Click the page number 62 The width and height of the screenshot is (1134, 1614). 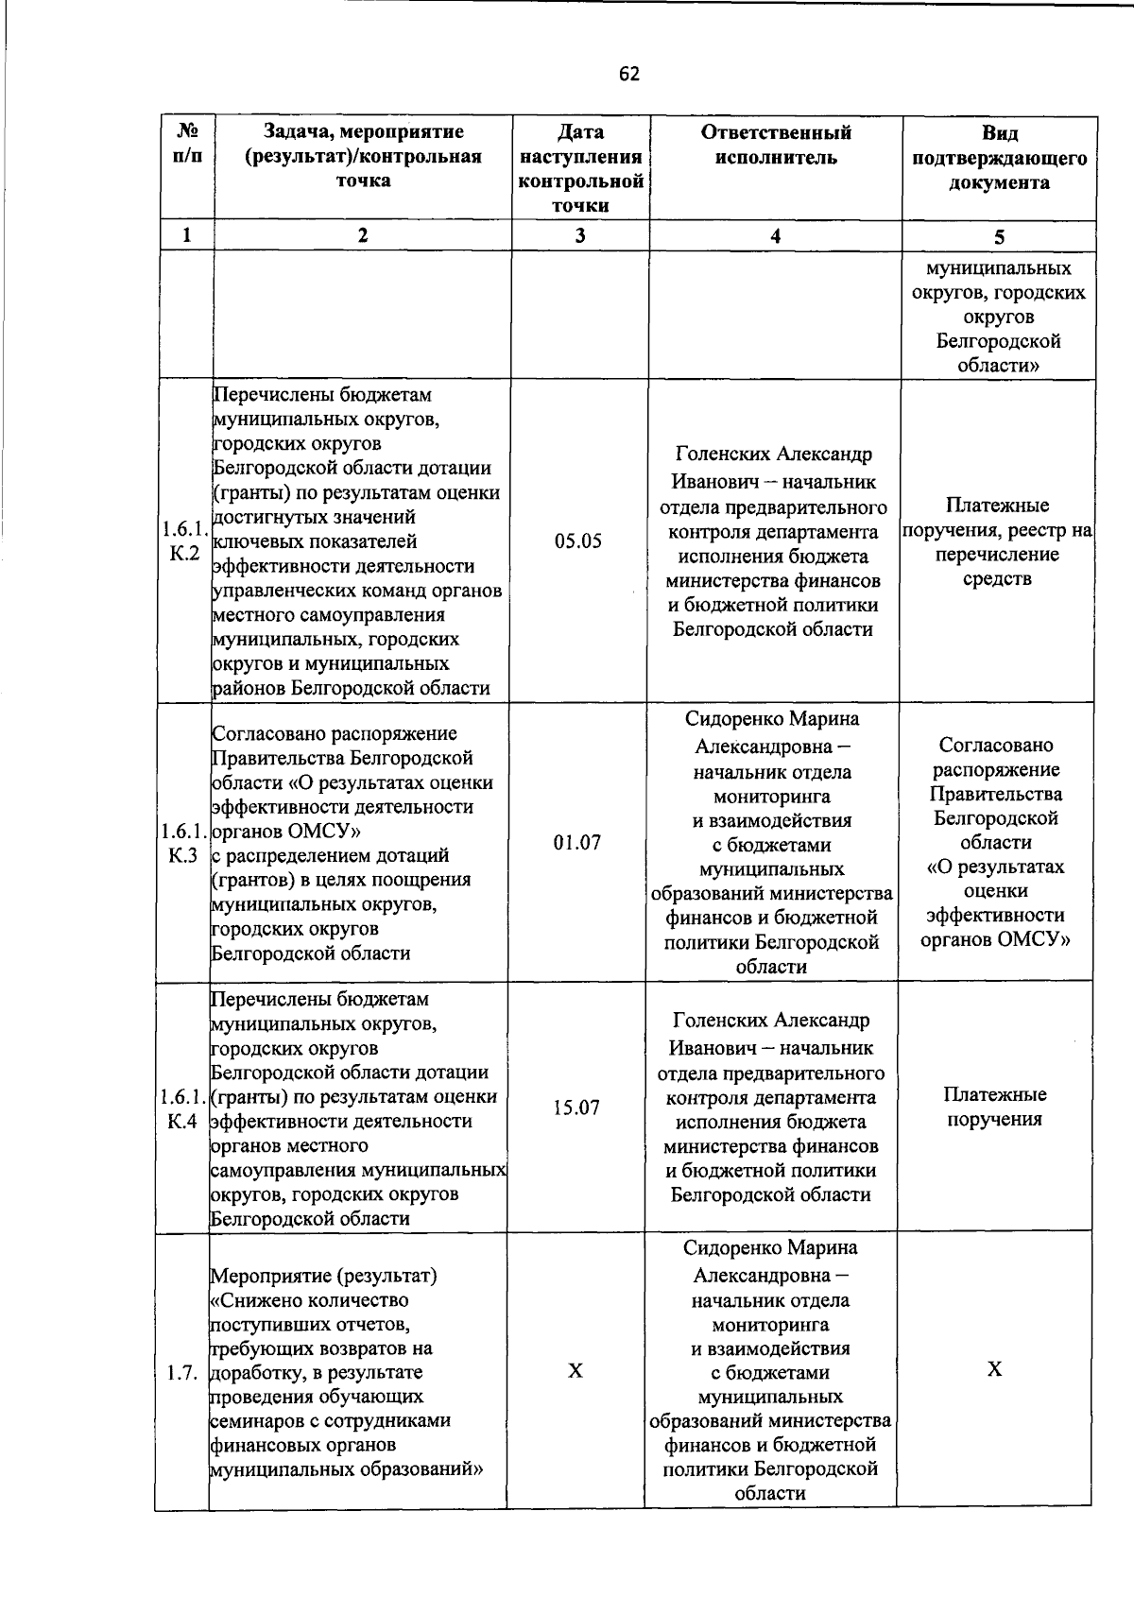pos(629,74)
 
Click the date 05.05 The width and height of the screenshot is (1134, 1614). pos(578,541)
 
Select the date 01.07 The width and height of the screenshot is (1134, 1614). pos(576,842)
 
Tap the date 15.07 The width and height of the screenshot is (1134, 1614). pos(576,1107)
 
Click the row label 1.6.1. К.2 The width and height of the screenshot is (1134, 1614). pos(184,541)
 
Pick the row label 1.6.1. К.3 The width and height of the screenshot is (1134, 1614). pos(183,843)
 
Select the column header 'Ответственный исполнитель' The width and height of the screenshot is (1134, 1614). pos(775,145)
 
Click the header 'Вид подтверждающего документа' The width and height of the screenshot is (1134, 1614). pos(999,157)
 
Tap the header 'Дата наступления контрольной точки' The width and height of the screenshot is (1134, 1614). pos(580,168)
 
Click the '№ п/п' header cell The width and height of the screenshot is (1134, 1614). pos(187,145)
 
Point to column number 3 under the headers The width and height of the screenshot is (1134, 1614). pos(579,236)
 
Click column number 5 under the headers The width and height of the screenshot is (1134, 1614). pos(999,236)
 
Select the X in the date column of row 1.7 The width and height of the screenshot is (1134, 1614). pos(575,1371)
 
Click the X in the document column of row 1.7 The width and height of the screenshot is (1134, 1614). pos(994,1370)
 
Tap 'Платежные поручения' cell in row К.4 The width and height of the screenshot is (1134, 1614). pos(994,1107)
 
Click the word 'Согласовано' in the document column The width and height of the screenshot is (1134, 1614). pos(996,745)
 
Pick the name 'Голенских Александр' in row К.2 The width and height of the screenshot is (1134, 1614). pos(774,455)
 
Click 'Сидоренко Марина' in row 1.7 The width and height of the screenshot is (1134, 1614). pos(770,1247)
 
